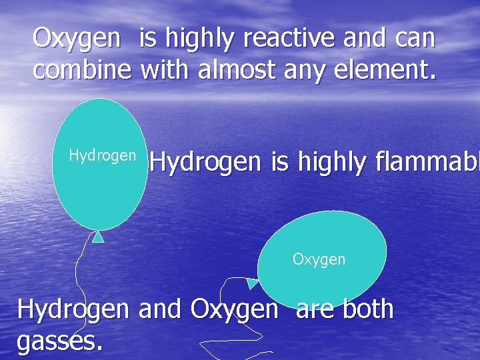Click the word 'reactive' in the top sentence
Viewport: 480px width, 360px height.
[291, 39]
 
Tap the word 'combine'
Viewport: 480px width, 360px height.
[82, 69]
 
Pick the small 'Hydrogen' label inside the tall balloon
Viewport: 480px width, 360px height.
[103, 156]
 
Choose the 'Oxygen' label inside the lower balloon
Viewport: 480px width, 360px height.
[319, 259]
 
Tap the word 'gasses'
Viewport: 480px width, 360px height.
[59, 342]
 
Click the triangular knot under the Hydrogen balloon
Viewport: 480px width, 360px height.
[98, 236]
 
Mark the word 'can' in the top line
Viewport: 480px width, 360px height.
[416, 39]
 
